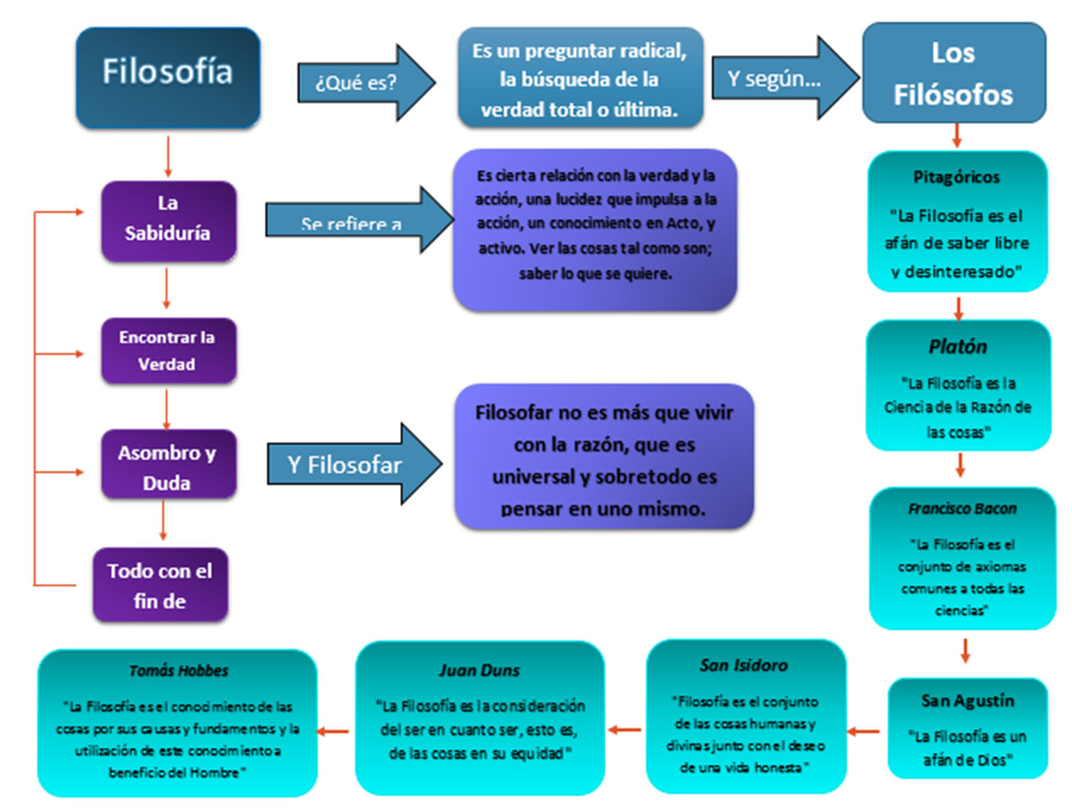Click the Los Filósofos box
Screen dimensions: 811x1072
953,73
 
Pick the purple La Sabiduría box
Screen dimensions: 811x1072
167,218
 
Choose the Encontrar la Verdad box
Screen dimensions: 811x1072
167,351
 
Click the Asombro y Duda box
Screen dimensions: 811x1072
167,467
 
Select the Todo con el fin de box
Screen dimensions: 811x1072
160,585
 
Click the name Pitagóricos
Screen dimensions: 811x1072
956,177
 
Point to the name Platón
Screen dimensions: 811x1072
957,346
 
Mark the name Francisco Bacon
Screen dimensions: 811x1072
962,509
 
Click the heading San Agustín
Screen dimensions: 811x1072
967,700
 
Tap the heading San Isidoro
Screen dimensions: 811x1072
744,666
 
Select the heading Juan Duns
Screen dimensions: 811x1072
479,670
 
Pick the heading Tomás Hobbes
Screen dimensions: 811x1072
178,671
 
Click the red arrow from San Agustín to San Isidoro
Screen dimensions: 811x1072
863,731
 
